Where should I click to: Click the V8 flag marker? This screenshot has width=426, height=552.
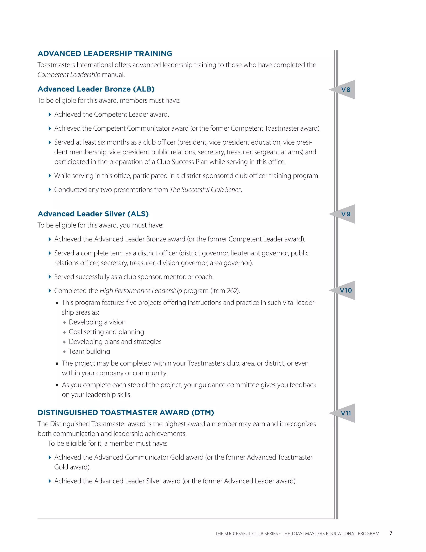click(x=346, y=90)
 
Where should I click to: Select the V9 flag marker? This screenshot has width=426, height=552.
click(x=346, y=214)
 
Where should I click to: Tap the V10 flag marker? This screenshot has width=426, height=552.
click(x=346, y=290)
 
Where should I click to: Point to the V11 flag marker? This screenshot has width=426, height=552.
click(x=346, y=413)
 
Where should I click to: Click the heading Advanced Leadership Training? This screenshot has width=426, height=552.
click(x=105, y=54)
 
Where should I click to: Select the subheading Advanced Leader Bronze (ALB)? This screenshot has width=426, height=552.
click(x=96, y=89)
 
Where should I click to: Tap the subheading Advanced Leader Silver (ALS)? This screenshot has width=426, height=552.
click(x=93, y=214)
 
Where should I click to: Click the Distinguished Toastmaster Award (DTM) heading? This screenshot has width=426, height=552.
click(x=126, y=412)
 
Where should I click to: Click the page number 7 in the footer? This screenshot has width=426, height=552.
click(x=391, y=533)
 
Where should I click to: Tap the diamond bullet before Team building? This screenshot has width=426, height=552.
click(x=64, y=352)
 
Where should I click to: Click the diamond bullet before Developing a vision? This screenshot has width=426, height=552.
click(x=64, y=322)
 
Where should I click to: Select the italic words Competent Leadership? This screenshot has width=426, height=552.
click(x=69, y=75)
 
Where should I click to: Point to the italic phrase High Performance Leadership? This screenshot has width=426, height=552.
click(x=141, y=291)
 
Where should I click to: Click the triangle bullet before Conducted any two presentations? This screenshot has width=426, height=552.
click(x=50, y=190)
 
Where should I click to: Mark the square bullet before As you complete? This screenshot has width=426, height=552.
click(x=57, y=385)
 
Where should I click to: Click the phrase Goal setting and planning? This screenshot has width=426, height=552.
click(x=106, y=332)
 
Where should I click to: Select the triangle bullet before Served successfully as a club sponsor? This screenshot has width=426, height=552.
click(x=50, y=277)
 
